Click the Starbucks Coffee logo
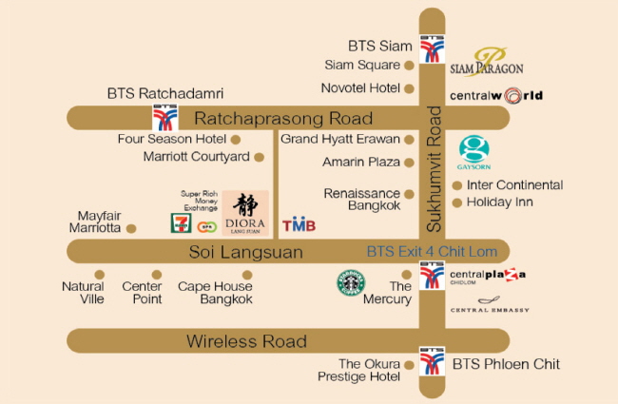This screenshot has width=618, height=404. click(351, 283)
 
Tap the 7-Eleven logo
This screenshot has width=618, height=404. click(179, 223)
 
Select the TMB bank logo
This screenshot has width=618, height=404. click(299, 225)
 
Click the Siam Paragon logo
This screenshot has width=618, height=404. click(487, 63)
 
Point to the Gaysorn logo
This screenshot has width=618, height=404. click(474, 153)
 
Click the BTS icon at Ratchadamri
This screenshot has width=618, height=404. click(165, 118)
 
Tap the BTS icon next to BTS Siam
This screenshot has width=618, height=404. click(433, 49)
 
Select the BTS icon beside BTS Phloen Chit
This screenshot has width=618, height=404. click(433, 360)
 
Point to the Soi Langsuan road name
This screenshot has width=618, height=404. click(244, 252)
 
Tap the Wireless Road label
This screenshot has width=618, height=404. click(246, 341)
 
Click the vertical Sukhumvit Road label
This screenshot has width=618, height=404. click(435, 170)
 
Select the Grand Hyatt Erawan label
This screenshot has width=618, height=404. click(339, 139)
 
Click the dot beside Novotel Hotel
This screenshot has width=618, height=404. click(410, 88)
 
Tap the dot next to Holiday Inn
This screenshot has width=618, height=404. click(457, 202)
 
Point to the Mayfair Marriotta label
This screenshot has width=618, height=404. click(99, 221)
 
